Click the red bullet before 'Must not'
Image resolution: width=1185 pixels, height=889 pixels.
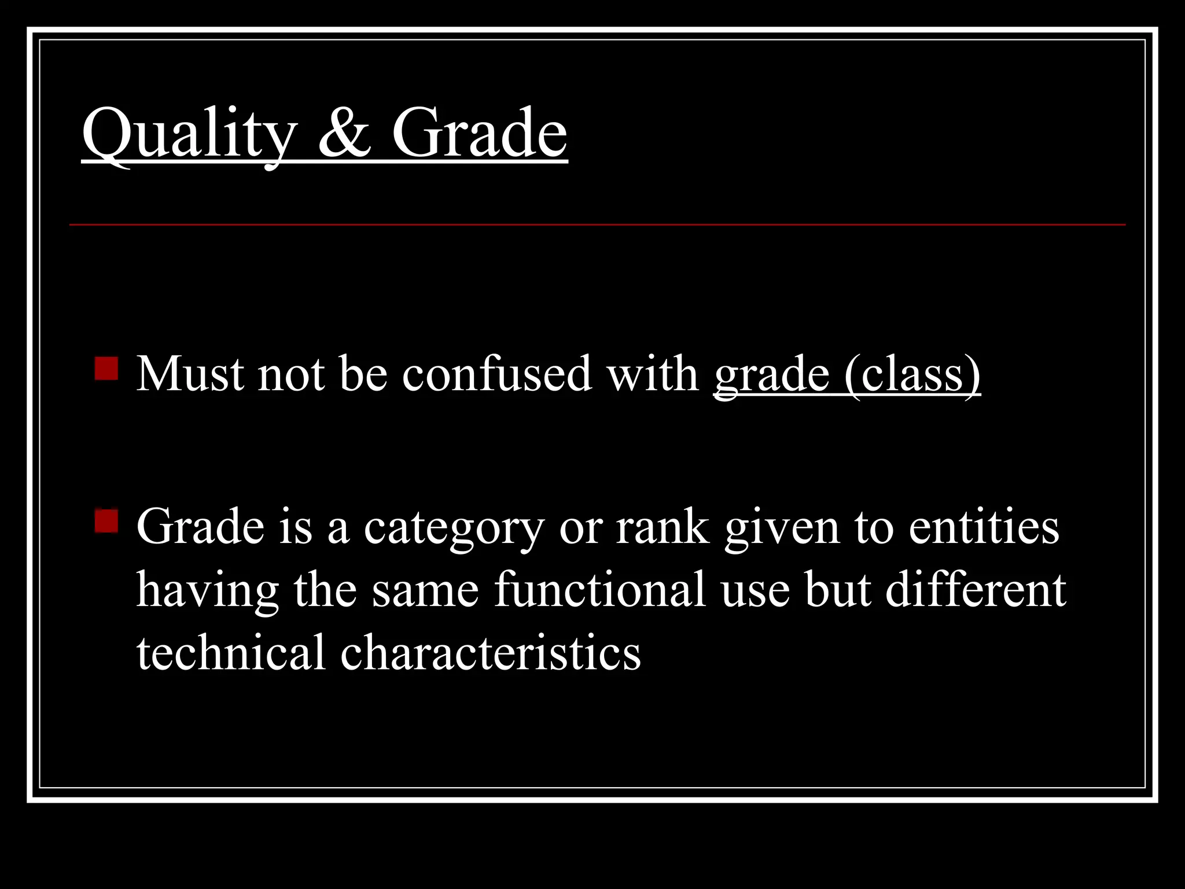click(106, 368)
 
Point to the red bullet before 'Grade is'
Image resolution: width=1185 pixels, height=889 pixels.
click(106, 520)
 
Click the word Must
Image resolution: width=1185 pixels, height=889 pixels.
click(190, 374)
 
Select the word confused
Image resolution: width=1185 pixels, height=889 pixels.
click(497, 374)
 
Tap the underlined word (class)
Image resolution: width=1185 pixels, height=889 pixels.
click(912, 375)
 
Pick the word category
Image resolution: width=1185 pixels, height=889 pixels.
click(454, 528)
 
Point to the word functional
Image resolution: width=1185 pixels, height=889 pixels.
click(599, 590)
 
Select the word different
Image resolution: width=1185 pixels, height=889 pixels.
click(976, 590)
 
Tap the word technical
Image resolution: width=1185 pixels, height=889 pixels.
click(231, 652)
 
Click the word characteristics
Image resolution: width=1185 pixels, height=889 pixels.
click(491, 652)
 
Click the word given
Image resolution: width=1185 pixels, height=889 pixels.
click(782, 528)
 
